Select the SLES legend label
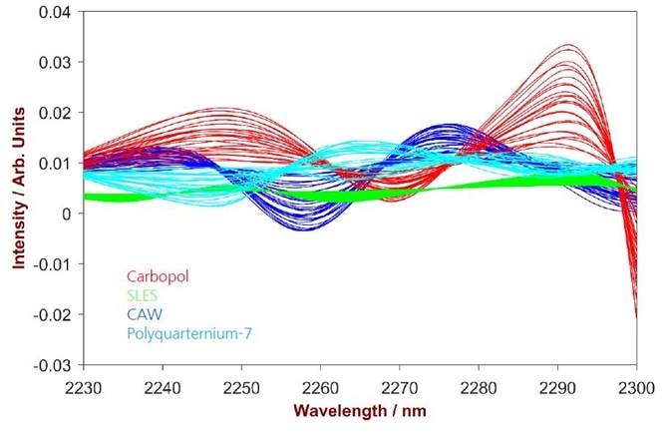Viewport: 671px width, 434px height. click(x=142, y=295)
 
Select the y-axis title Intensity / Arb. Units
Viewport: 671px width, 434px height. click(x=18, y=190)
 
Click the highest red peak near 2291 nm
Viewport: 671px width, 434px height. click(x=569, y=45)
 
